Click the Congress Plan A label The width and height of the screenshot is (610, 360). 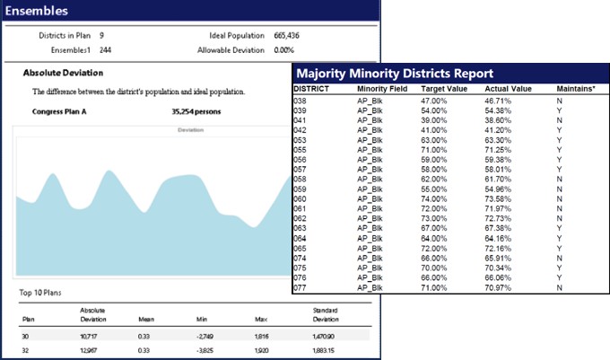click(60, 112)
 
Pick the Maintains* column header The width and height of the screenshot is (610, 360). click(576, 91)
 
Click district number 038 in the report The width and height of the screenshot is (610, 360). click(301, 101)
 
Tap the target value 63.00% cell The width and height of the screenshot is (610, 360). click(435, 140)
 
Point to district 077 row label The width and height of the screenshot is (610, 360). click(301, 287)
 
